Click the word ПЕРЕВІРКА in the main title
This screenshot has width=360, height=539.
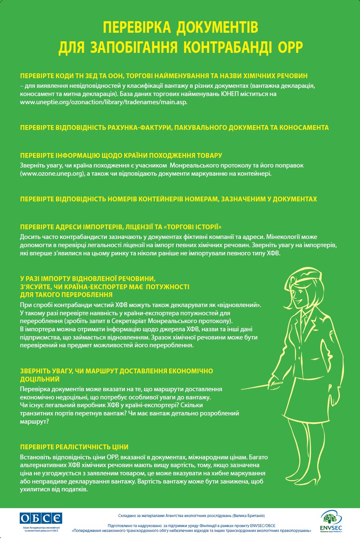136,28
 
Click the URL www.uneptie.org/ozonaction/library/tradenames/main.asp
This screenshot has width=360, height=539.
103,102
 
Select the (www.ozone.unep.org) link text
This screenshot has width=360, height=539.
52,173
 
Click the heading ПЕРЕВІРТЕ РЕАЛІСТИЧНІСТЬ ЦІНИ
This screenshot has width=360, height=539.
74,447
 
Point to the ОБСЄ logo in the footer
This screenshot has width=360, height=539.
41,518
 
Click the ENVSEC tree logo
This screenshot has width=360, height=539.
331,519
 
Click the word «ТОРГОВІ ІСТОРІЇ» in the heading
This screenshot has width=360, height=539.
193,227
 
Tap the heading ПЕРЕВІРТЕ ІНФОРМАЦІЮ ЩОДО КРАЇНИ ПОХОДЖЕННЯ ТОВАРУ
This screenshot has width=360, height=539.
121,155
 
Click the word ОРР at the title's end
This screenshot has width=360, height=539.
291,47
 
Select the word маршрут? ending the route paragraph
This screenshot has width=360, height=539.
35,421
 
